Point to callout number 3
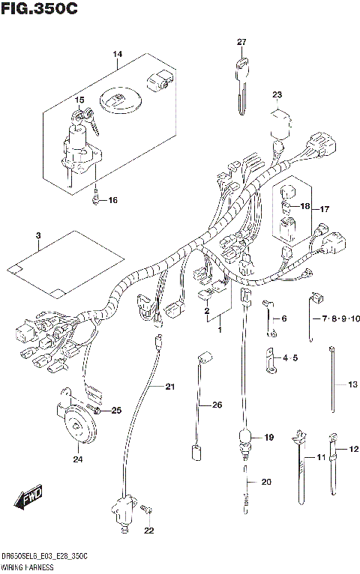[x=37, y=237]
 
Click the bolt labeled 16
[x=97, y=199]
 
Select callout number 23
[x=277, y=94]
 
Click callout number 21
[x=169, y=387]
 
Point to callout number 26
[x=217, y=405]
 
